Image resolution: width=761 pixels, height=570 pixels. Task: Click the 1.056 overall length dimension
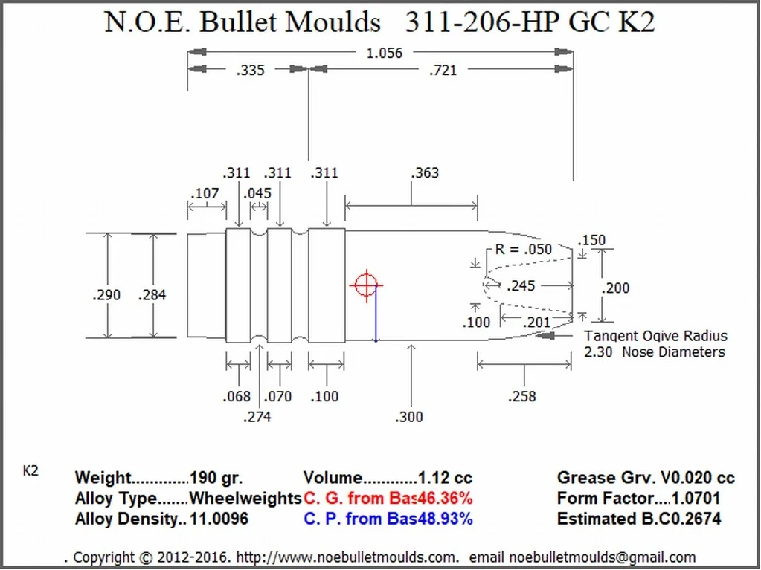384,53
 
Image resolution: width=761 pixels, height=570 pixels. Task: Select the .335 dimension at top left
251,71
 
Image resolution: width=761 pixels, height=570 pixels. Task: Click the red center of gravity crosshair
365,285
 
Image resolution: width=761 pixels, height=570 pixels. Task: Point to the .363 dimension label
425,173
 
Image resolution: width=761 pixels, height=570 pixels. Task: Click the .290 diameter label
107,295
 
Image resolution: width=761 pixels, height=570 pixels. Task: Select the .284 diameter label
152,295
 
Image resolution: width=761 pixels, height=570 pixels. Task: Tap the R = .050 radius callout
524,250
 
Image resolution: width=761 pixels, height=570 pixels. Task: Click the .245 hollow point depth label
520,285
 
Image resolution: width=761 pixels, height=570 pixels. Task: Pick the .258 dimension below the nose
521,396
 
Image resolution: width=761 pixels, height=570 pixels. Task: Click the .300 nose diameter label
408,417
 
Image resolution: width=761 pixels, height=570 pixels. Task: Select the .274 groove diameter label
257,417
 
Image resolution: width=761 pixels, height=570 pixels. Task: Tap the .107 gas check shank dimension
205,194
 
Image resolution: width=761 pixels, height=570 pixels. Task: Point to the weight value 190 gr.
216,479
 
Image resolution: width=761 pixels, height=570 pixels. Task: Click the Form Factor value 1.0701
696,499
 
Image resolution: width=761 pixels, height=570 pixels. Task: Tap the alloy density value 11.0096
219,519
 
